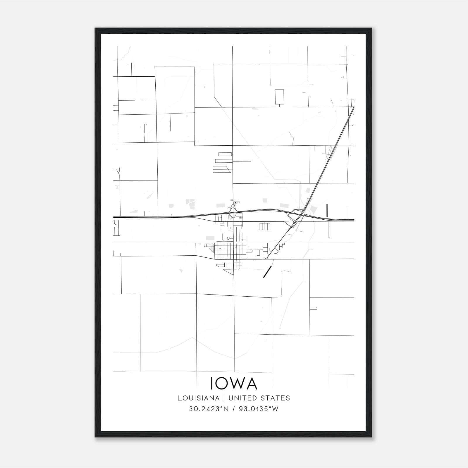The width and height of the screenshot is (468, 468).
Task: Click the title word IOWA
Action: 234,383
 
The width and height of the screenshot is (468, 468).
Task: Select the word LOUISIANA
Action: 198,398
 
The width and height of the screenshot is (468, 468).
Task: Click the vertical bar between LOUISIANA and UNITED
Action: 224,398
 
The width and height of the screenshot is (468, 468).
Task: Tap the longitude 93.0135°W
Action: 259,409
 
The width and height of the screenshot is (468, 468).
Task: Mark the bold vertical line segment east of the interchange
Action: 327,210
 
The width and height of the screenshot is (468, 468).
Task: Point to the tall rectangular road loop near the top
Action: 279,97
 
